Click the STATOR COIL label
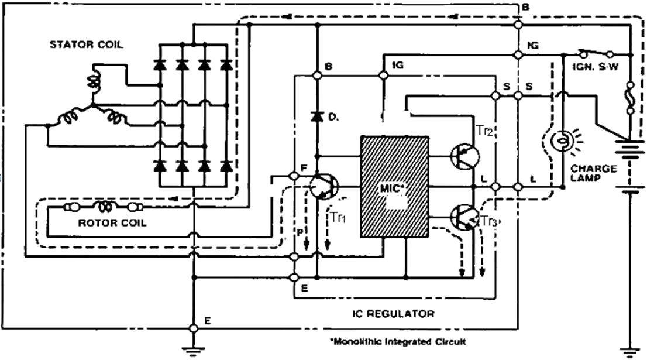pyautogui.click(x=86, y=44)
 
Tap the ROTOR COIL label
pyautogui.click(x=112, y=223)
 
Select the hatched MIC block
pyautogui.click(x=394, y=187)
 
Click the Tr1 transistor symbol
pyautogui.click(x=324, y=187)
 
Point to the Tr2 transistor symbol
pyautogui.click(x=465, y=156)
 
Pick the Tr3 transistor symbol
pyautogui.click(x=465, y=218)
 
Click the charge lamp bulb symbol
pyautogui.click(x=562, y=140)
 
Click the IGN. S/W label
pyautogui.click(x=596, y=67)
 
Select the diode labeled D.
pyautogui.click(x=317, y=117)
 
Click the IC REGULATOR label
pyautogui.click(x=393, y=314)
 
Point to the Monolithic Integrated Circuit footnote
pyautogui.click(x=398, y=342)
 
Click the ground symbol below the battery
pyautogui.click(x=629, y=352)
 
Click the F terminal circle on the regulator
pyautogui.click(x=294, y=176)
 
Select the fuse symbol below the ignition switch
pyautogui.click(x=630, y=97)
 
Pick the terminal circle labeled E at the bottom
pyautogui.click(x=193, y=328)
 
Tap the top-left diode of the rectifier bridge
pyautogui.click(x=160, y=65)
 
